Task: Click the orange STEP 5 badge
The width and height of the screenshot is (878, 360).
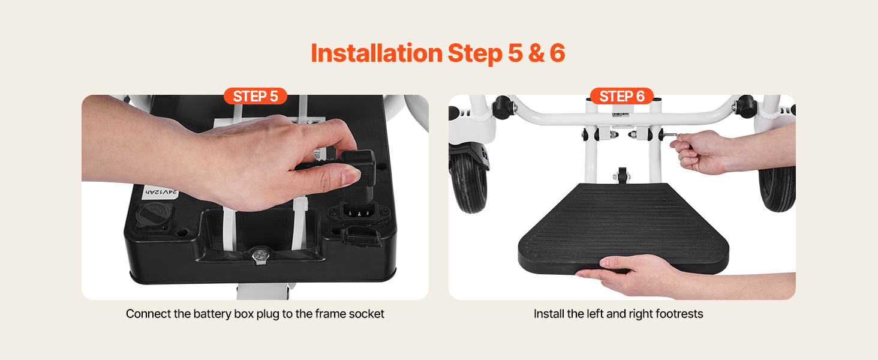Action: [255, 96]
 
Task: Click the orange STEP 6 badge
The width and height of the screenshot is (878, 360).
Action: [622, 96]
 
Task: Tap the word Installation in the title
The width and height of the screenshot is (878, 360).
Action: [377, 53]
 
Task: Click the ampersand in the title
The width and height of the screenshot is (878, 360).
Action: [536, 53]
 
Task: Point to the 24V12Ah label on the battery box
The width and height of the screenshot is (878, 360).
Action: [161, 192]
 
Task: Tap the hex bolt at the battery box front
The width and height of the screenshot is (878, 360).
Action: [260, 255]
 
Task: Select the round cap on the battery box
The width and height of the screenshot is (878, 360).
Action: [154, 215]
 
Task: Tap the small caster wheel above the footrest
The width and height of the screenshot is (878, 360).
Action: [622, 176]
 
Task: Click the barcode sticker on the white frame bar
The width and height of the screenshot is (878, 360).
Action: [621, 115]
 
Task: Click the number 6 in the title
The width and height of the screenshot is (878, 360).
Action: [557, 53]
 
